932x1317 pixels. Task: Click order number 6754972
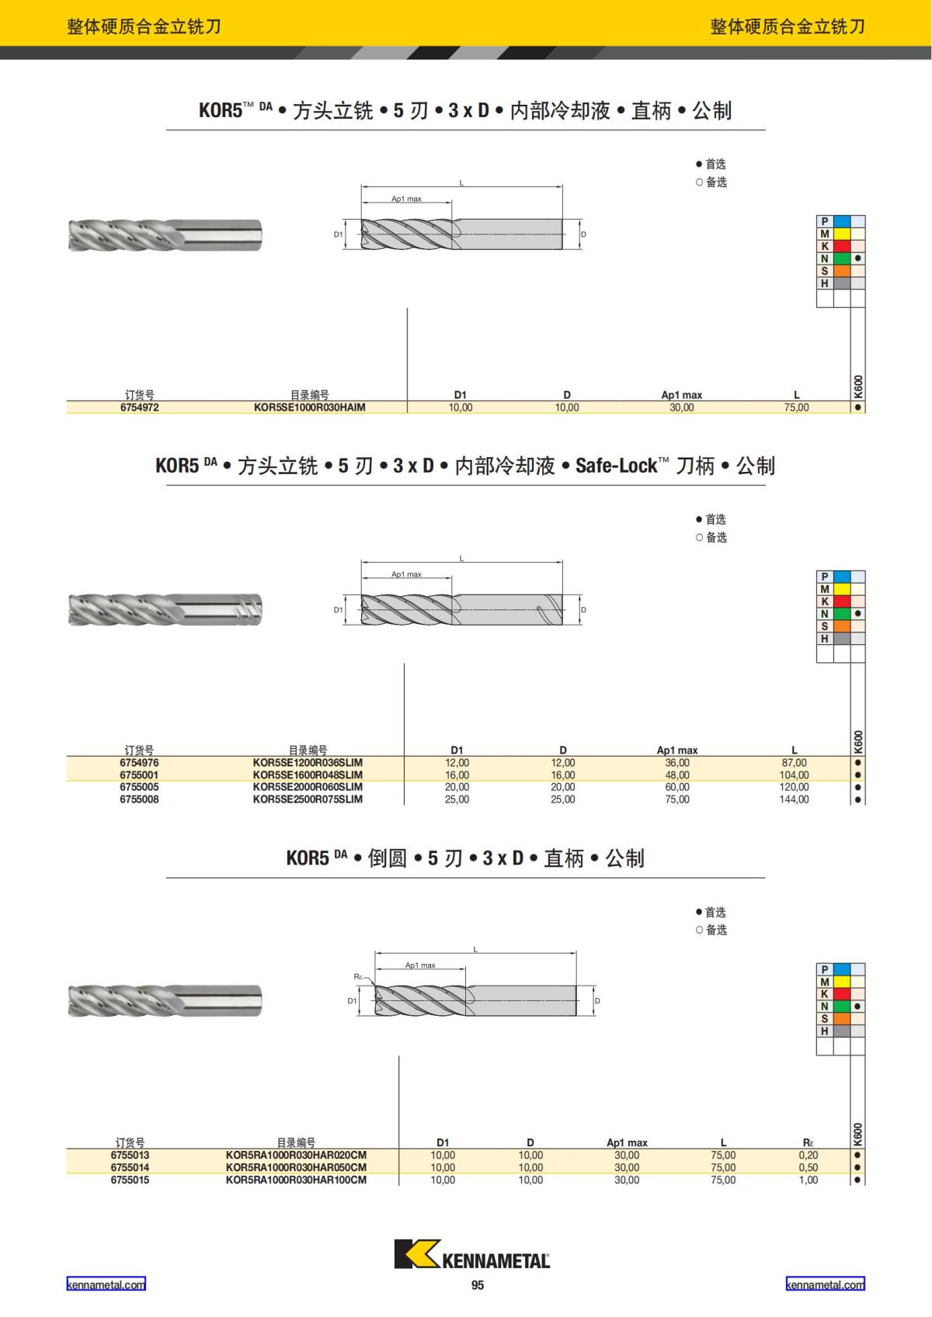pos(140,407)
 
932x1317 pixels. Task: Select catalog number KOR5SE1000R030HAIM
pos(309,407)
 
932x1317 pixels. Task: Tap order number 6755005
pos(139,787)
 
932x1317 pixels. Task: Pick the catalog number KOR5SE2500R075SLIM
pos(308,799)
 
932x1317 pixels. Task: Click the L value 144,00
pos(794,799)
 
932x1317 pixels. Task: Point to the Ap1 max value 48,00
pos(677,775)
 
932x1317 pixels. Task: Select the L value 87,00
pos(794,763)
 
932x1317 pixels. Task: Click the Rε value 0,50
pos(808,1167)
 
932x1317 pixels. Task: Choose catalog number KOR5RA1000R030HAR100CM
pos(296,1180)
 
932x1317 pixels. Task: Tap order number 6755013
pos(130,1155)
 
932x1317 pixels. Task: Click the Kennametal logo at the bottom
pos(471,1253)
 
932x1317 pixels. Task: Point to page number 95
pos(478,1285)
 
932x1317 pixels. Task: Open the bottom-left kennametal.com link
pos(106,1284)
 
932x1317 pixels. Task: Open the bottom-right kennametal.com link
pos(825,1284)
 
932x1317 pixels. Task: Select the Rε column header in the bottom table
pos(808,1142)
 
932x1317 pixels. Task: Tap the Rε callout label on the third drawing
pos(359,976)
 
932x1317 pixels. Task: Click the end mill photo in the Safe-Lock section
pos(165,609)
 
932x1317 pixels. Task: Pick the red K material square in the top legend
pos(841,246)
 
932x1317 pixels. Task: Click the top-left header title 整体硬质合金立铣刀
pos(144,26)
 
